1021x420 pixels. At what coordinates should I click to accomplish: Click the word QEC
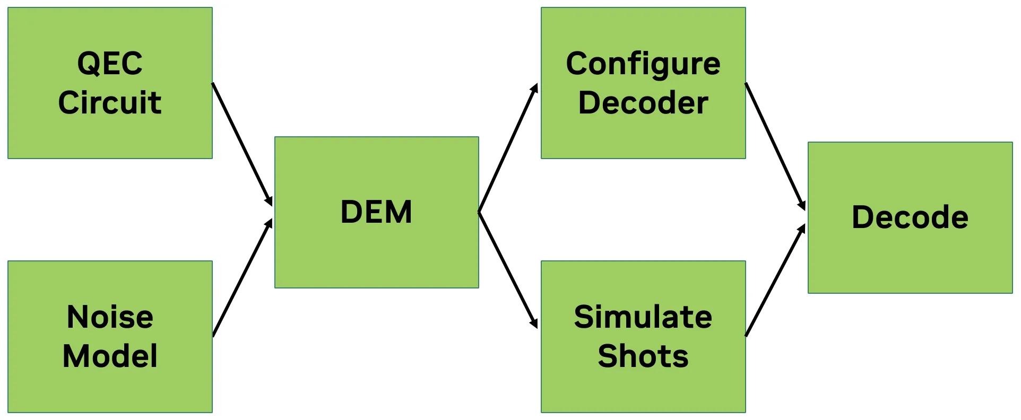point(110,64)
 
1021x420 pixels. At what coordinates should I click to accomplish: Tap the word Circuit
point(110,102)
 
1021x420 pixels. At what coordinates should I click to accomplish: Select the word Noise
point(110,317)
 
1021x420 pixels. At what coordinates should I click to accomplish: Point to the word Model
point(110,356)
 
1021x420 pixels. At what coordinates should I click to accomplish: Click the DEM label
point(376,212)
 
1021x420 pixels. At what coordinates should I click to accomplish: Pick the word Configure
point(643,64)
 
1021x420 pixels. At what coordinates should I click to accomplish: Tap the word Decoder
point(643,102)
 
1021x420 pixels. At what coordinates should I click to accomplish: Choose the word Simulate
point(643,317)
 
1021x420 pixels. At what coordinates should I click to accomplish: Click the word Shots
point(643,356)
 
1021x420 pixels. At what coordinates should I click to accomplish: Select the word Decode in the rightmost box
point(910,217)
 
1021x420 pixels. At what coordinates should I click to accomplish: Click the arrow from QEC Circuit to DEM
point(242,144)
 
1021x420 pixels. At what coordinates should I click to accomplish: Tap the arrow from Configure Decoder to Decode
point(775,146)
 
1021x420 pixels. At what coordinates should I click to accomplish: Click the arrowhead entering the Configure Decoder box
point(535,89)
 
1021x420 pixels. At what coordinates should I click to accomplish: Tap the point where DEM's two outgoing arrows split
point(479,212)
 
